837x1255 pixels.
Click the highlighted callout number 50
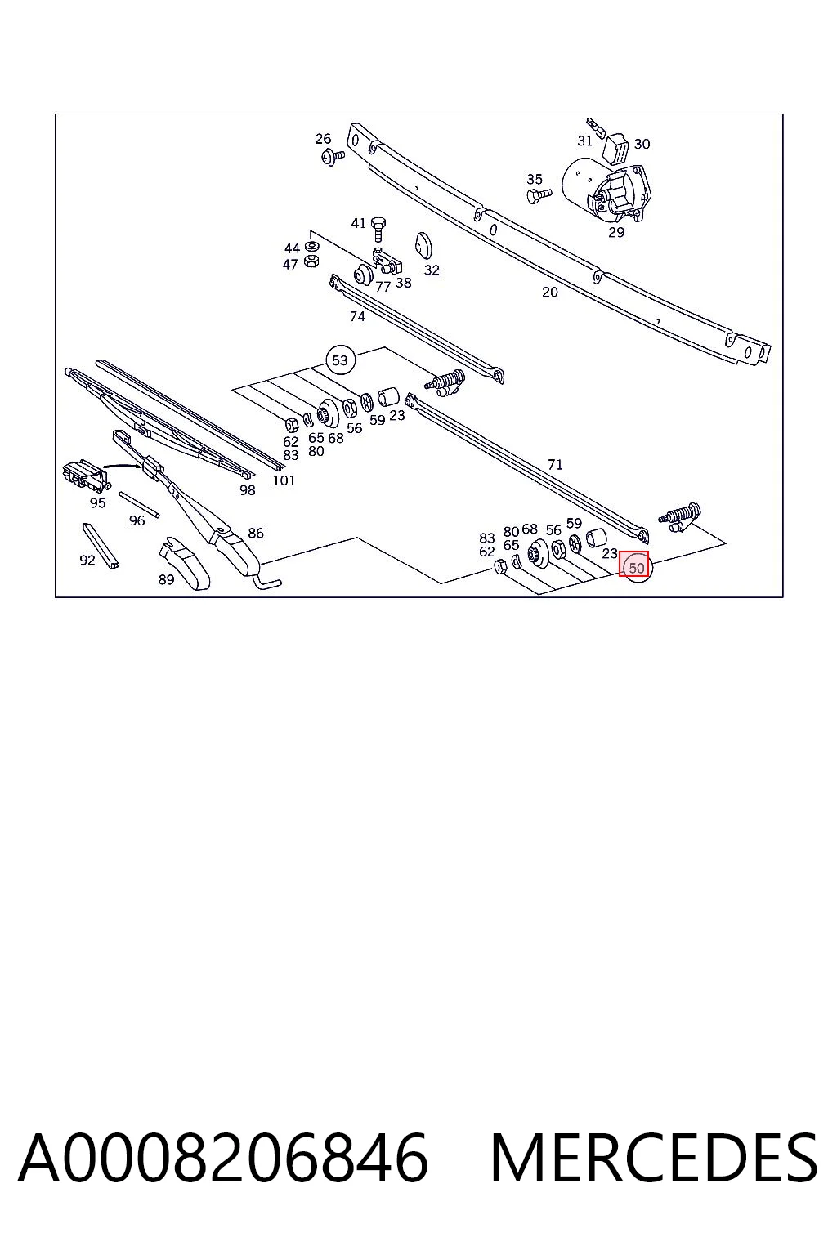point(636,568)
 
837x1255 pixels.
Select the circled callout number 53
point(340,360)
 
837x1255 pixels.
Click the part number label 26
point(323,138)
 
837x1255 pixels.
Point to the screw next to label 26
point(333,156)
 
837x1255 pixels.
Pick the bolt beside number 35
point(539,195)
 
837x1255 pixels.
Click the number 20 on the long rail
point(550,292)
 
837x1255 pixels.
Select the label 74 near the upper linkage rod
point(357,316)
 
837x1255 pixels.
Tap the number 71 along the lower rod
point(555,464)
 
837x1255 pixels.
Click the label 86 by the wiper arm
point(256,533)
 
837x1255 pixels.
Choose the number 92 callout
point(87,561)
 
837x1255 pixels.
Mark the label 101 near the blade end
point(284,480)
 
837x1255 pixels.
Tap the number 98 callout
point(247,490)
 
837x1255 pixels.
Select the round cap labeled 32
point(423,246)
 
